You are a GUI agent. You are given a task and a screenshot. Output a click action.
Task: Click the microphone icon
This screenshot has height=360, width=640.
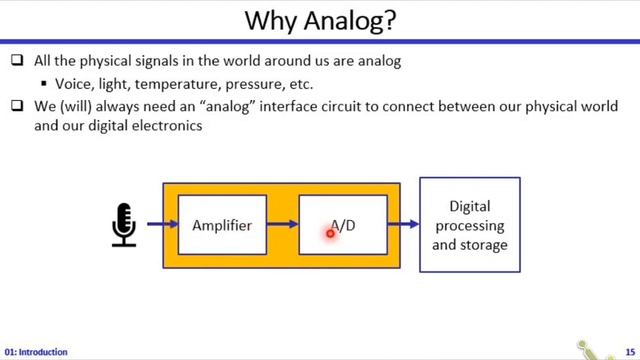coord(123,225)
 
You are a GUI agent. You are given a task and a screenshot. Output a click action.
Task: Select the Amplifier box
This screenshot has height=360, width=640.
coord(222,226)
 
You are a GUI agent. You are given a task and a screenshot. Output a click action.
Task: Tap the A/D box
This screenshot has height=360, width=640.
coord(342,226)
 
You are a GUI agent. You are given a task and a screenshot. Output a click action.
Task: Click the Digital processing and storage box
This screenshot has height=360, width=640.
coord(469,225)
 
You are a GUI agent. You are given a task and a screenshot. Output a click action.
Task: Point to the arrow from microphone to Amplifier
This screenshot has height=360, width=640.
coord(160,225)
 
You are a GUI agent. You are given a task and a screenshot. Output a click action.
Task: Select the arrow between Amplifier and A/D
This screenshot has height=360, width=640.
coord(283,225)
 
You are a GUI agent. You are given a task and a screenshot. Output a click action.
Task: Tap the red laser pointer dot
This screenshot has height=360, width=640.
coord(330,234)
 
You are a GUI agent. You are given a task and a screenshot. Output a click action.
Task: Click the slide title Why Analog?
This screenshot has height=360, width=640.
coord(320,21)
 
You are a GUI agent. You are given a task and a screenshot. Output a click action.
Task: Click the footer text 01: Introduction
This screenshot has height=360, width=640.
coord(36,352)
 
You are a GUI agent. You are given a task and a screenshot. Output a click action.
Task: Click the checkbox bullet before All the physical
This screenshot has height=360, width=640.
coord(16,61)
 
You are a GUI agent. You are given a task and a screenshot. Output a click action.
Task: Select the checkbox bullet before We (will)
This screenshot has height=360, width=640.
coord(16,107)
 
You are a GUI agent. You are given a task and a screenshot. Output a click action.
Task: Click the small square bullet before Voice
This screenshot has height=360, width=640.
coord(44,85)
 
